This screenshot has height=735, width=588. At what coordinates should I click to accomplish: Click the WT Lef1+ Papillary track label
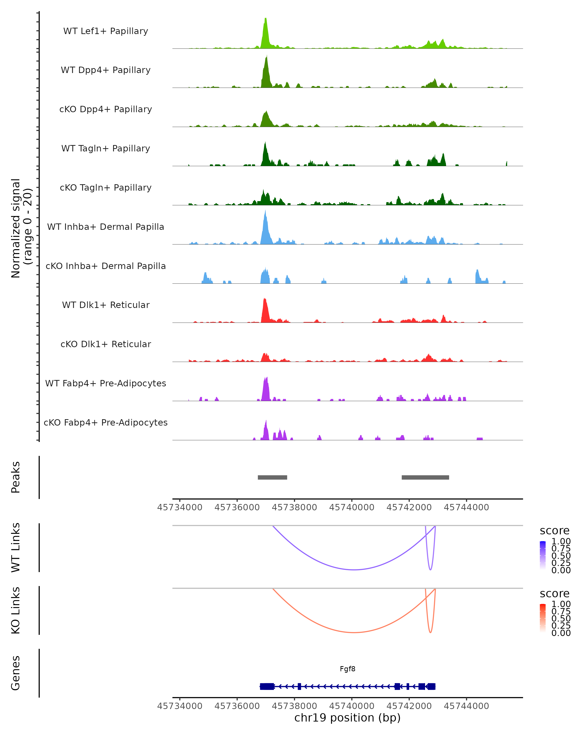106,31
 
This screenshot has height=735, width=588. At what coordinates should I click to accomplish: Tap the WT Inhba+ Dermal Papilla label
106,227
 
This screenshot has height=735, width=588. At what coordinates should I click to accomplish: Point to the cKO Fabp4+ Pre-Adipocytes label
106,422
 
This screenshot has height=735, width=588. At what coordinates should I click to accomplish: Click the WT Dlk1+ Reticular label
106,305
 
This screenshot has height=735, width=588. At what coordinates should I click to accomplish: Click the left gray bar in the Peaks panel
272,477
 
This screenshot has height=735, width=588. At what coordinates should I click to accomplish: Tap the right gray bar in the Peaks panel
425,477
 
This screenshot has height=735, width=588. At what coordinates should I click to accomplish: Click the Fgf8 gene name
347,669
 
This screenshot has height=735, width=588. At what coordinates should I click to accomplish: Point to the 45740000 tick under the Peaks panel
352,507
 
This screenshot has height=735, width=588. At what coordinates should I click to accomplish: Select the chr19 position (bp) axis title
347,718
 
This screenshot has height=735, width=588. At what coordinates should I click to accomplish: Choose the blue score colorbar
543,555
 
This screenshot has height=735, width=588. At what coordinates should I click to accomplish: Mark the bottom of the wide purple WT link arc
355,570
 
